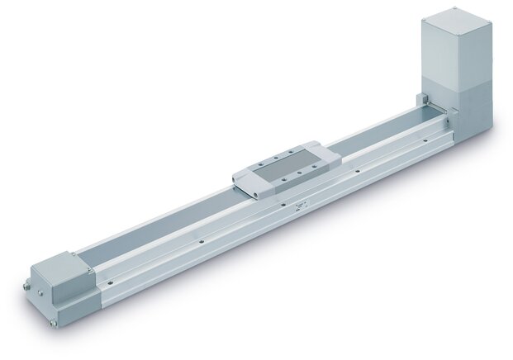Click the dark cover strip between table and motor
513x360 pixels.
coord(380,127)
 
